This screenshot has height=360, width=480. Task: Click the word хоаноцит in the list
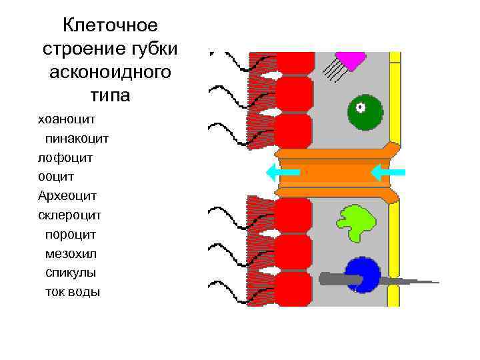tap(67, 119)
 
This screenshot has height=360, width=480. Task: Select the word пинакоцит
tap(77, 139)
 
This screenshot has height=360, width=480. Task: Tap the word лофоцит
tap(65, 158)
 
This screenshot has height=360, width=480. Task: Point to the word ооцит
tap(56, 177)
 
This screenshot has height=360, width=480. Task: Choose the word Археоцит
tap(68, 196)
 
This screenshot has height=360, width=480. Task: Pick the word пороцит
tap(71, 234)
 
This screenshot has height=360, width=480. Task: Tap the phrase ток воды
tap(72, 291)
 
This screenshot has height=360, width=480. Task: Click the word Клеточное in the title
tap(110, 25)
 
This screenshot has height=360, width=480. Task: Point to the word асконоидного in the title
tap(110, 71)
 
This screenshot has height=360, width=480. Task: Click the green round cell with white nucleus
tap(365, 111)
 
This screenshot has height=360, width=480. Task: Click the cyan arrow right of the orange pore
tap(387, 173)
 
